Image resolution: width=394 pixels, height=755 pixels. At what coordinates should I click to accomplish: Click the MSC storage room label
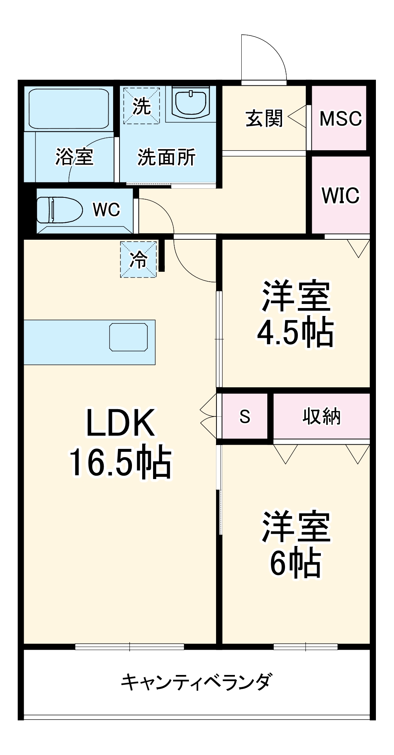340,119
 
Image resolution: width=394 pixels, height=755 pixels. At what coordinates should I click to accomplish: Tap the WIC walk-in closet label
340,195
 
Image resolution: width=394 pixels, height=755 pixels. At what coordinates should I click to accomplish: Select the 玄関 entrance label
264,119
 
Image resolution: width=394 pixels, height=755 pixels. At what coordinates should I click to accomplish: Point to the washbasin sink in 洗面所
191,103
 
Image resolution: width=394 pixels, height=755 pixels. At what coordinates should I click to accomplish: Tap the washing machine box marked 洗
142,106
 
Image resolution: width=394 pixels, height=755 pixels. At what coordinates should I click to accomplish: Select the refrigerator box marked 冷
138,260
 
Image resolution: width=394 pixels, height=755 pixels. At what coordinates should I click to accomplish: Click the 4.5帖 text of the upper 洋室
295,333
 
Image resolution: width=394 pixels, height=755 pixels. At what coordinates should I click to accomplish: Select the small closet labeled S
245,416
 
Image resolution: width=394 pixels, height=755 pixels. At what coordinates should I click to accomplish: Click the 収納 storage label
321,416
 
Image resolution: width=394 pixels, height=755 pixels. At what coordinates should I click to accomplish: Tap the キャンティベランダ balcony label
196,682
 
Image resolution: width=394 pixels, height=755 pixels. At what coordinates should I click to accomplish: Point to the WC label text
106,210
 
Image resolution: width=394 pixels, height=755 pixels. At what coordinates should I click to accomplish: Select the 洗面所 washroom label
166,157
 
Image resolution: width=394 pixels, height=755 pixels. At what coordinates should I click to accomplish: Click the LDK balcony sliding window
129,647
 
